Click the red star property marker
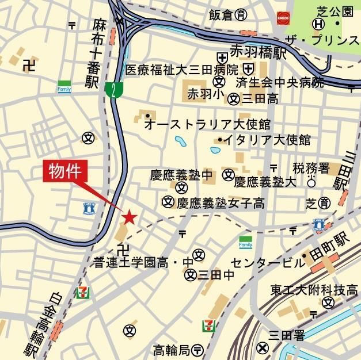click(x=129, y=217)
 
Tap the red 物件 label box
click(x=68, y=171)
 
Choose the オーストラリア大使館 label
click(x=208, y=123)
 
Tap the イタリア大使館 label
click(x=267, y=140)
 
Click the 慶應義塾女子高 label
click(x=221, y=202)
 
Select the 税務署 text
click(x=311, y=168)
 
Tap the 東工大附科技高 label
click(x=315, y=289)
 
